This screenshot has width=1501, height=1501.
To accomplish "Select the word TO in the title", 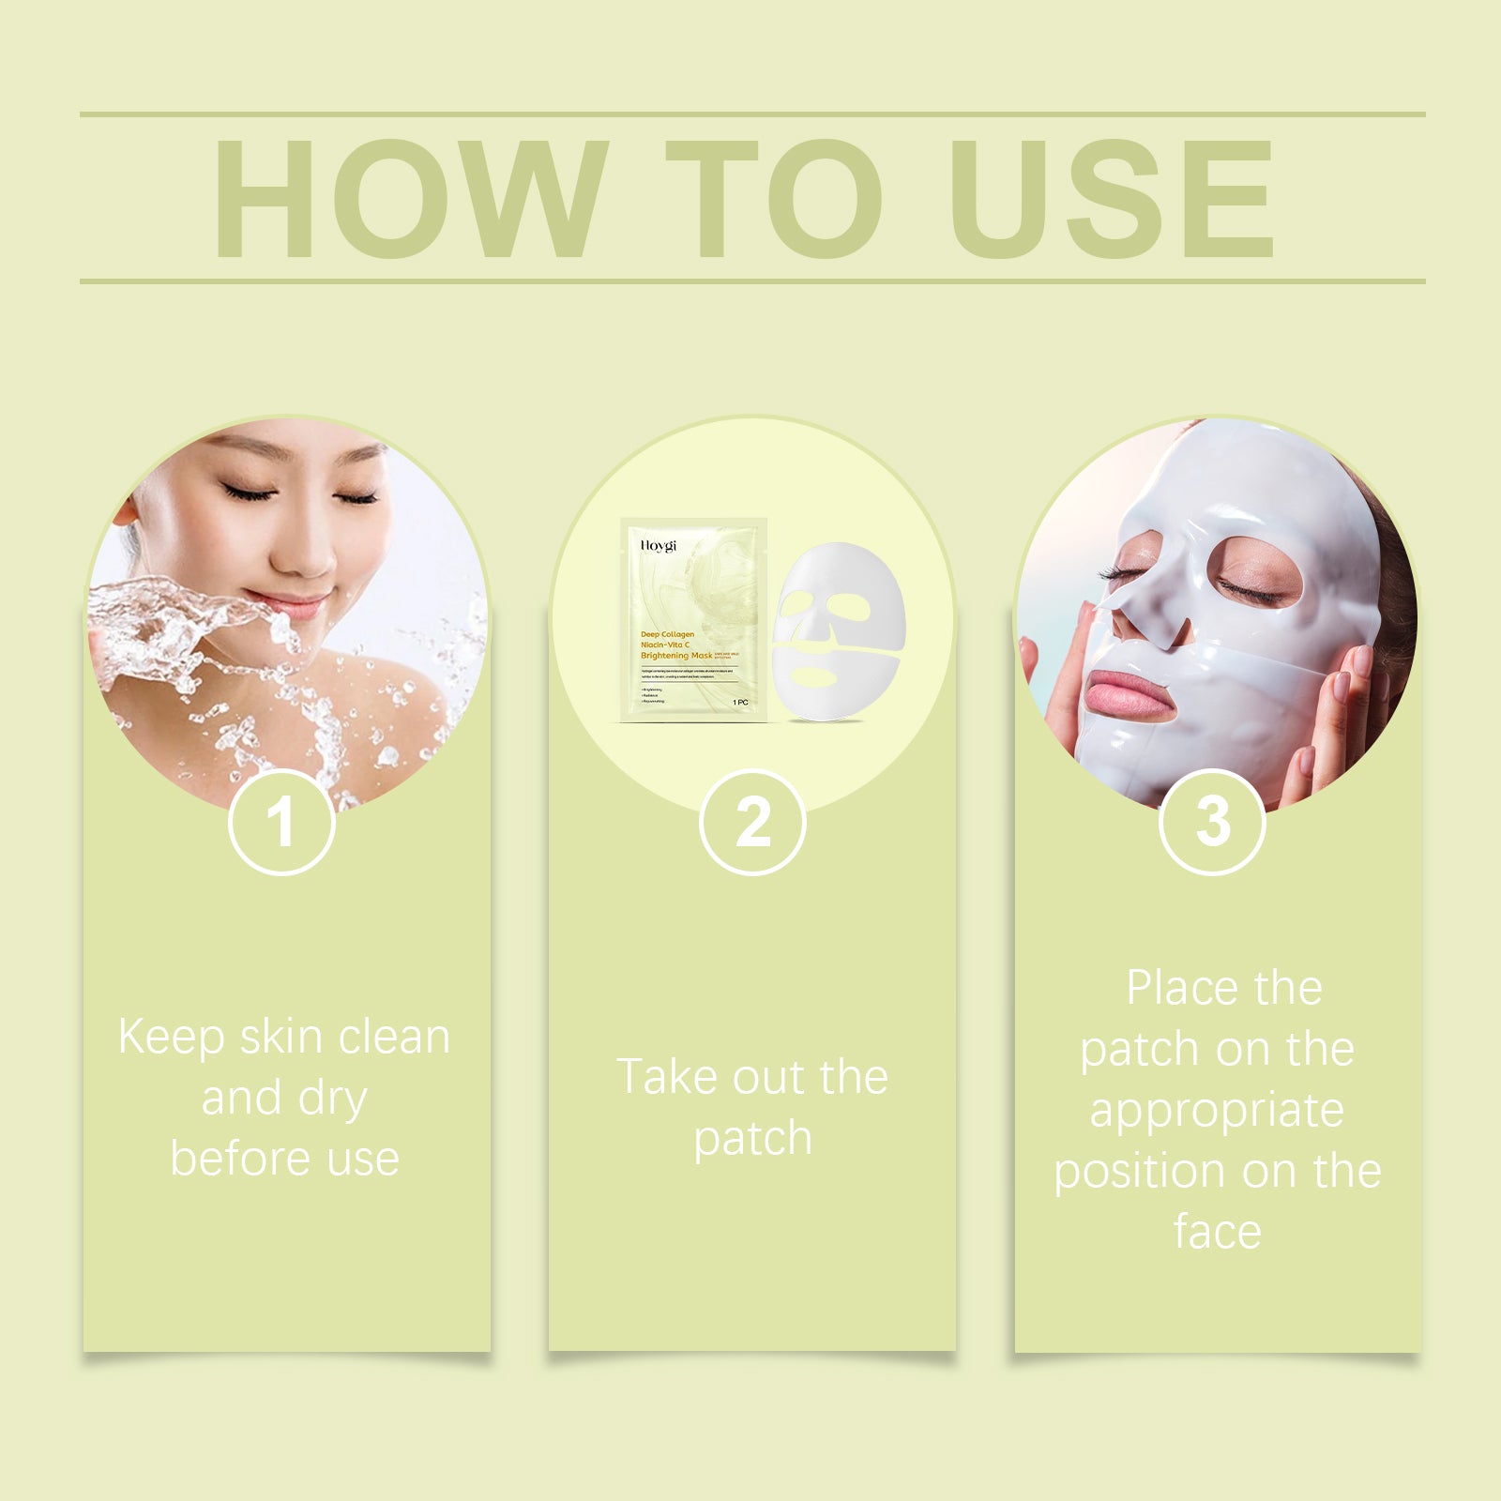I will (774, 198).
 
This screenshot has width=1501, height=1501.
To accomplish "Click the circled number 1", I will (281, 823).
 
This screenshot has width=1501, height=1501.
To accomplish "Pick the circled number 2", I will (752, 823).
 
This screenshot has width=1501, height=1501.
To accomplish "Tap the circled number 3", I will (1212, 823).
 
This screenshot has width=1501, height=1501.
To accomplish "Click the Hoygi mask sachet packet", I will (693, 619).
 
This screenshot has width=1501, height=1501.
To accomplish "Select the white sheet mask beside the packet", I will (838, 630).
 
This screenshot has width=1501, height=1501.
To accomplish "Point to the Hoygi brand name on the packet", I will (658, 545).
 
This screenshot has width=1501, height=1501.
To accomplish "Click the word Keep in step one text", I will (172, 1038).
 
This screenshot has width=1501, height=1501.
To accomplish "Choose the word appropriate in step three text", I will (1217, 1112).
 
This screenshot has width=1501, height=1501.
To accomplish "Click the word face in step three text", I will (1217, 1232).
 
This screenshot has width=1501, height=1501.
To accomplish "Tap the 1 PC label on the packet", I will (740, 702).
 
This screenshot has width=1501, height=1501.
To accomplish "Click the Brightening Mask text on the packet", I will (675, 656).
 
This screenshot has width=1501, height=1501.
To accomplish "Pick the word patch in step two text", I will (752, 1139).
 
